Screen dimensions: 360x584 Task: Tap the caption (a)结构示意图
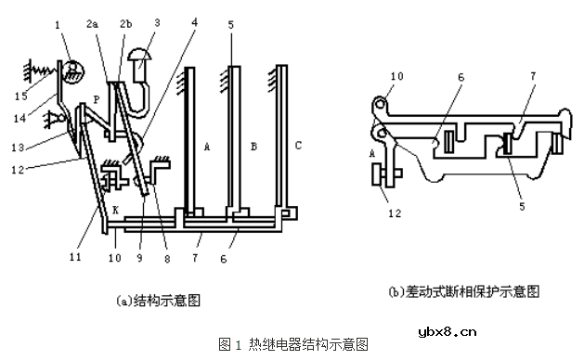pos(157,301)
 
